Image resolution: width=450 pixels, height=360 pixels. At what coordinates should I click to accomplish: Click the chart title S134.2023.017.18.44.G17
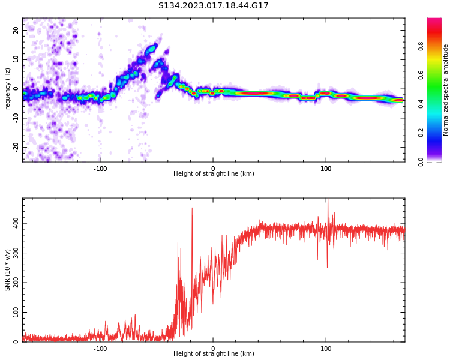[x=213, y=6]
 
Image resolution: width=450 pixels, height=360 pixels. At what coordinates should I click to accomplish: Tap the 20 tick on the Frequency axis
[x=16, y=31]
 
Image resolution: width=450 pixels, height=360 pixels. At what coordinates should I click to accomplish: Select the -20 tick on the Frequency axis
[x=16, y=146]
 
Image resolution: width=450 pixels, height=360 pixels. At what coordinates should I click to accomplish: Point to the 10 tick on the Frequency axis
[x=16, y=59]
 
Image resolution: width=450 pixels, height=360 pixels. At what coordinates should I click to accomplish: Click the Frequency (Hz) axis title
[x=8, y=90]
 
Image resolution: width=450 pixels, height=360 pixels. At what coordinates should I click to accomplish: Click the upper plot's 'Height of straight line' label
[x=214, y=174]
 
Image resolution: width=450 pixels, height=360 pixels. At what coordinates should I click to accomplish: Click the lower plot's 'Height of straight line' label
[x=214, y=354]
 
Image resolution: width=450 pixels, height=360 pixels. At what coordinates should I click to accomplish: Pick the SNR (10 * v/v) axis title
[x=8, y=270]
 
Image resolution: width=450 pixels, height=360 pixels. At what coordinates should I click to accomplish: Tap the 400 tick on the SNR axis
[x=14, y=223]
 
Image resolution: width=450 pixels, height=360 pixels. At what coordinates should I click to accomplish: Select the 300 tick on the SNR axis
[x=14, y=253]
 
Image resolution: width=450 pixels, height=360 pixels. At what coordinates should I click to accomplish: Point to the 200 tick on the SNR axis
[x=14, y=283]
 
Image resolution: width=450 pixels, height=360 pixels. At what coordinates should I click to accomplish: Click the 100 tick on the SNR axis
[x=14, y=313]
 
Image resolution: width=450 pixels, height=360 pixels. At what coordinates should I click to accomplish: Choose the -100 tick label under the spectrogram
[x=100, y=169]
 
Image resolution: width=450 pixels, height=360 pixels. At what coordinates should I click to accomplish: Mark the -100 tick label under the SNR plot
[x=100, y=349]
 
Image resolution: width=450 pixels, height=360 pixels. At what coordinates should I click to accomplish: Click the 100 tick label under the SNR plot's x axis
[x=326, y=349]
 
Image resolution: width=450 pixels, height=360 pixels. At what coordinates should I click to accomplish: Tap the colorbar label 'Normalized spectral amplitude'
[x=446, y=90]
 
